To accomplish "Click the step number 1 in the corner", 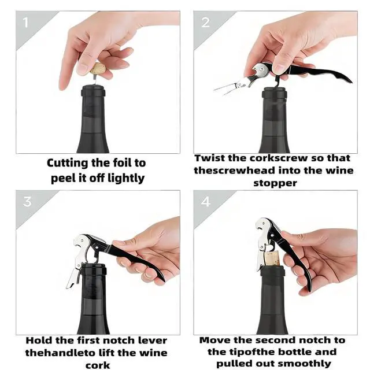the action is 25,23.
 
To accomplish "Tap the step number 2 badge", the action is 205,23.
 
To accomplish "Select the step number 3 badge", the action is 27,202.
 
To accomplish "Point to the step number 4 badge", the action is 206,202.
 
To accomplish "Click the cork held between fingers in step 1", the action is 98,69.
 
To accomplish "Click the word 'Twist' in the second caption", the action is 210,158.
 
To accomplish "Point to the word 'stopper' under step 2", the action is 275,183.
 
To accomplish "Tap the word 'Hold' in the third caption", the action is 39,341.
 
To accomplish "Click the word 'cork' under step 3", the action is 98,365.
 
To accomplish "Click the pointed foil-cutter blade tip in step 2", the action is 214,90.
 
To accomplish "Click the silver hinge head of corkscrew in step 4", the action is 264,226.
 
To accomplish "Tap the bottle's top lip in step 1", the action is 94,86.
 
